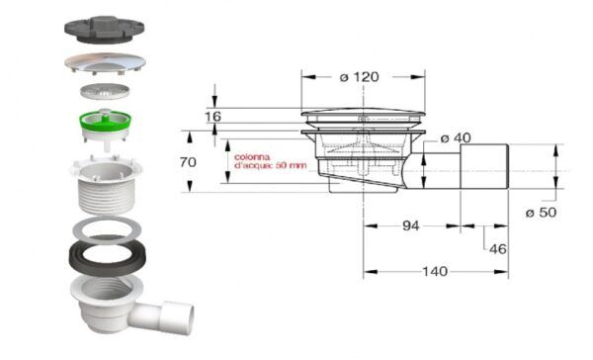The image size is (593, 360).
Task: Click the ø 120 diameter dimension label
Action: click(x=359, y=77)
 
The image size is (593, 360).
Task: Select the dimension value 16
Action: click(x=212, y=117)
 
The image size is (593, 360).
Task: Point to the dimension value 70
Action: click(x=188, y=162)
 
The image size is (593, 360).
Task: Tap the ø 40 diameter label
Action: click(x=456, y=138)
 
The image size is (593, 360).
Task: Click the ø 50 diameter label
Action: click(x=542, y=213)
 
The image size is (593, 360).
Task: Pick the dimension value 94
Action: click(x=411, y=226)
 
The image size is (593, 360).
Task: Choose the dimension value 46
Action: click(x=498, y=249)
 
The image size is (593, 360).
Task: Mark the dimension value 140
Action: click(x=435, y=271)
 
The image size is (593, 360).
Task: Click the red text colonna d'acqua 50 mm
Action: click(x=270, y=161)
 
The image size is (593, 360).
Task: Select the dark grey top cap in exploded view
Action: click(x=105, y=29)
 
